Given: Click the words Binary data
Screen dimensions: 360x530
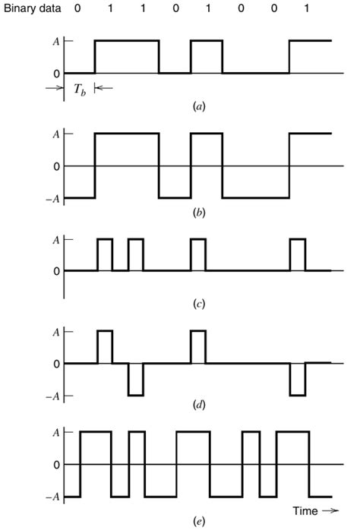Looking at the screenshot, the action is [x=32, y=8].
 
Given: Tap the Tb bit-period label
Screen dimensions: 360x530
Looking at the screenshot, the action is [x=80, y=90].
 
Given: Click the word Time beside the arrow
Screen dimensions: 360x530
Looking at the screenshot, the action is [x=305, y=510].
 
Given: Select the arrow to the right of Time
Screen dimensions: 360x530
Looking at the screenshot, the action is [x=330, y=510].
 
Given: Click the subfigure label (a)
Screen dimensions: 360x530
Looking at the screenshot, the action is [x=199, y=107].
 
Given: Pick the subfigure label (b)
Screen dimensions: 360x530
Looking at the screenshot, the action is [x=199, y=213].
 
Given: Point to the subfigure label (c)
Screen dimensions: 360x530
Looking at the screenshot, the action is [x=199, y=304].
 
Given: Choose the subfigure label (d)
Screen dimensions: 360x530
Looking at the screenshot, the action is [x=199, y=405].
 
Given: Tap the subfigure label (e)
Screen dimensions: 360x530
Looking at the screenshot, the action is [x=199, y=521].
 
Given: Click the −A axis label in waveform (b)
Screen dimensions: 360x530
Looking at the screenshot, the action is [x=52, y=199].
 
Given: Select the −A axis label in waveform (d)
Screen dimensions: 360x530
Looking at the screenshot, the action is [x=52, y=396].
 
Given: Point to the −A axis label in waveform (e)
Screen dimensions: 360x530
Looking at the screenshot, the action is [x=52, y=497].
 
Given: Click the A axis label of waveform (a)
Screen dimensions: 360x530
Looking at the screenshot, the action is [x=56, y=42].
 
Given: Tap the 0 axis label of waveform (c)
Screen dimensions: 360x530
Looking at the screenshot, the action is [x=56, y=271].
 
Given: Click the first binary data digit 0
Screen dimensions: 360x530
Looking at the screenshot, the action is [x=77, y=8].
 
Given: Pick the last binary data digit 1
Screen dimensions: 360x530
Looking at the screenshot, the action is [x=306, y=8].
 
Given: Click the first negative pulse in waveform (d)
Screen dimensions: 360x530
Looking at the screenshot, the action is [x=136, y=380].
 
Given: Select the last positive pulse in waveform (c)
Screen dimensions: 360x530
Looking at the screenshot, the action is [x=298, y=255].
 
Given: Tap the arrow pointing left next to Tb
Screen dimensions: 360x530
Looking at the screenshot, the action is [x=104, y=89].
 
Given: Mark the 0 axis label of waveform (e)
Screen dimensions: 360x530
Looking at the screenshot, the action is [x=56, y=465].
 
